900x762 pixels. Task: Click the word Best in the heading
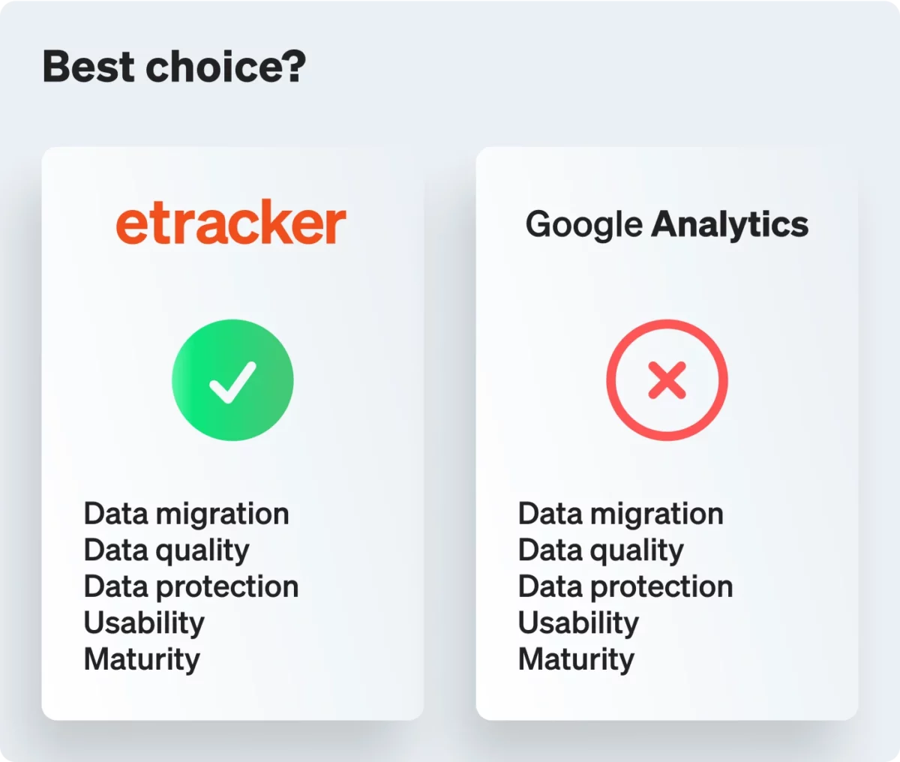(88, 66)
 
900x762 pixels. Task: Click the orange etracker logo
(231, 222)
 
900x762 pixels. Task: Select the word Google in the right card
(584, 225)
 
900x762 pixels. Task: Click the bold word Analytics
(729, 225)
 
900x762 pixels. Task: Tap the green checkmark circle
(232, 380)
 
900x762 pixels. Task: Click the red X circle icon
(667, 380)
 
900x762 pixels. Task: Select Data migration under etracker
(186, 514)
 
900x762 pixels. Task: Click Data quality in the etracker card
(166, 550)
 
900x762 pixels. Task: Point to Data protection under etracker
(191, 587)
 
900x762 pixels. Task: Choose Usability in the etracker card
(144, 623)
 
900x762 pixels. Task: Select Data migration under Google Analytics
(621, 514)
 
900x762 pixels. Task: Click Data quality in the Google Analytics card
(601, 550)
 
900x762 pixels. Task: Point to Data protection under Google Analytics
(625, 587)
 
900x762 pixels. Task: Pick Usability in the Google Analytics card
(579, 623)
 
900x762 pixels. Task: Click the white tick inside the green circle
(232, 382)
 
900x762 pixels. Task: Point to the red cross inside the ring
(667, 380)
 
